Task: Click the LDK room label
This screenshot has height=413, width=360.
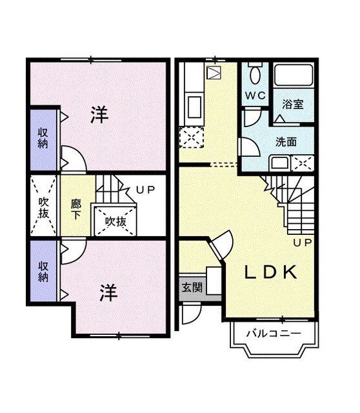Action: click(x=270, y=272)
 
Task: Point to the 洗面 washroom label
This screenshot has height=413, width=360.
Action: click(x=286, y=141)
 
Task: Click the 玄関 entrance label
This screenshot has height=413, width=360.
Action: click(x=192, y=287)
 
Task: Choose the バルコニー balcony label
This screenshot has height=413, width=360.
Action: click(x=274, y=334)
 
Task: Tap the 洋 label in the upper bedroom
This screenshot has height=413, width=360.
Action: click(x=99, y=116)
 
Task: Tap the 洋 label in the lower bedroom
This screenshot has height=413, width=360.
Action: click(x=108, y=293)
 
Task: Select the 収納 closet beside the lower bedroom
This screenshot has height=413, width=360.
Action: click(x=43, y=271)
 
